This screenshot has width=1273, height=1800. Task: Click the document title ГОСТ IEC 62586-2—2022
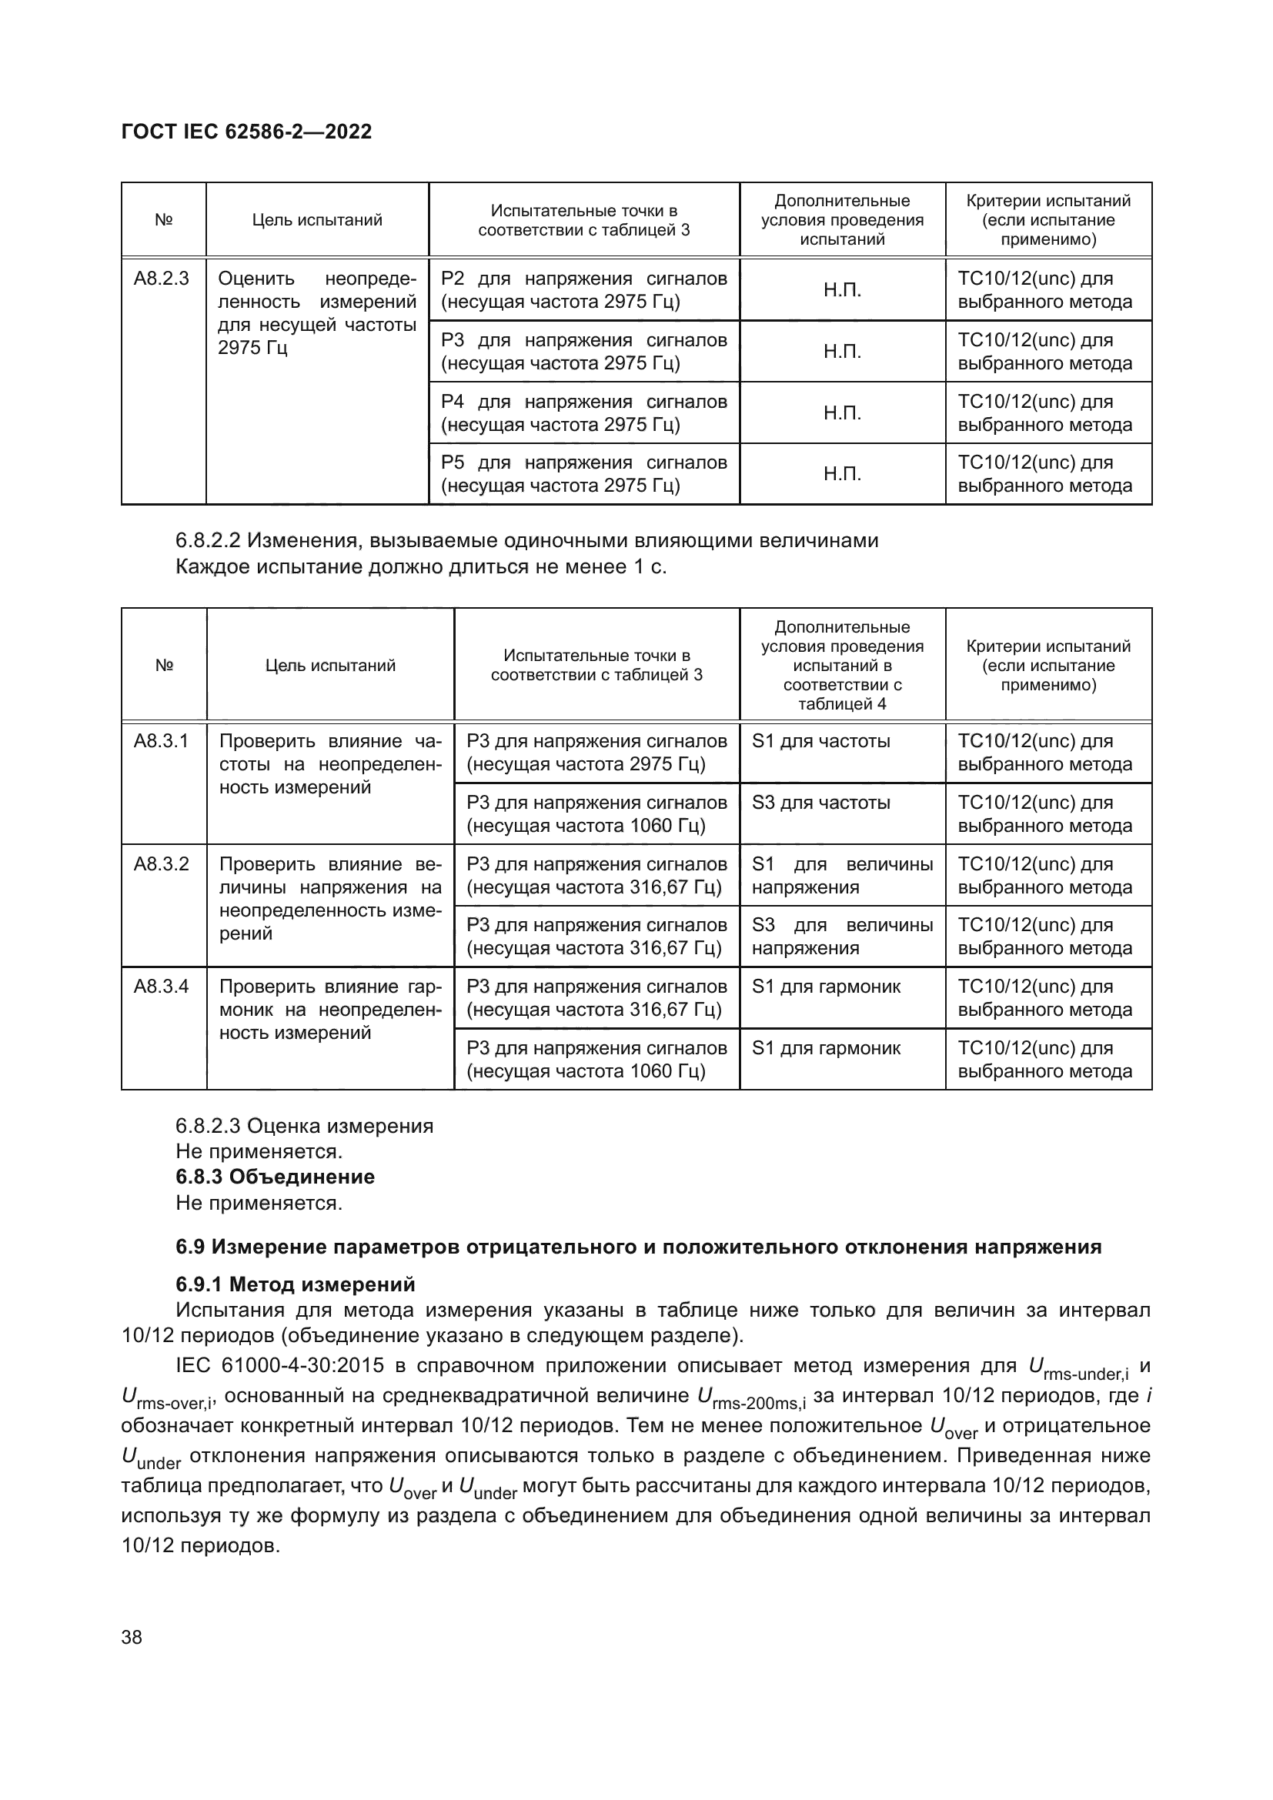[x=247, y=132]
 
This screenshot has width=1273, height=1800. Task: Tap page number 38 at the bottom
[x=132, y=1637]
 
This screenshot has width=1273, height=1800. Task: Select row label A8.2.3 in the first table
[x=162, y=279]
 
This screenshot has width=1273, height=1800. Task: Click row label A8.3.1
[x=162, y=741]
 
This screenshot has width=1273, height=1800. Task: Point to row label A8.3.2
[x=162, y=864]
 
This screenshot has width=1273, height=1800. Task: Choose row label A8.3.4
[x=162, y=987]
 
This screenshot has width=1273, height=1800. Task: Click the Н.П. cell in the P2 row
[x=842, y=290]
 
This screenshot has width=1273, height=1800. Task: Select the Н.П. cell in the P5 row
[x=842, y=474]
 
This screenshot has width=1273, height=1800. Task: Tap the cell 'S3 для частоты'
[x=820, y=803]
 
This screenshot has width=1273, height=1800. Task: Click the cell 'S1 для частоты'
[x=820, y=741]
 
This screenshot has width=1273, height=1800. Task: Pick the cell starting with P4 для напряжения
[x=584, y=413]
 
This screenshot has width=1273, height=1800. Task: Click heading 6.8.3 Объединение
[x=275, y=1177]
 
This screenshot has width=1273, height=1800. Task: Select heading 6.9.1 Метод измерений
[x=296, y=1284]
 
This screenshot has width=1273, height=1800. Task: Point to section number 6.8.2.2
[x=208, y=541]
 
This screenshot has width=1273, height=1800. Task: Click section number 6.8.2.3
[x=208, y=1127]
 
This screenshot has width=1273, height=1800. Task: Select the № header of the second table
[x=164, y=666]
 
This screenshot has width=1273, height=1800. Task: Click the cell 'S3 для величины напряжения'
[x=842, y=936]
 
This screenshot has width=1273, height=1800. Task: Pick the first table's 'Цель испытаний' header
[x=316, y=220]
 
